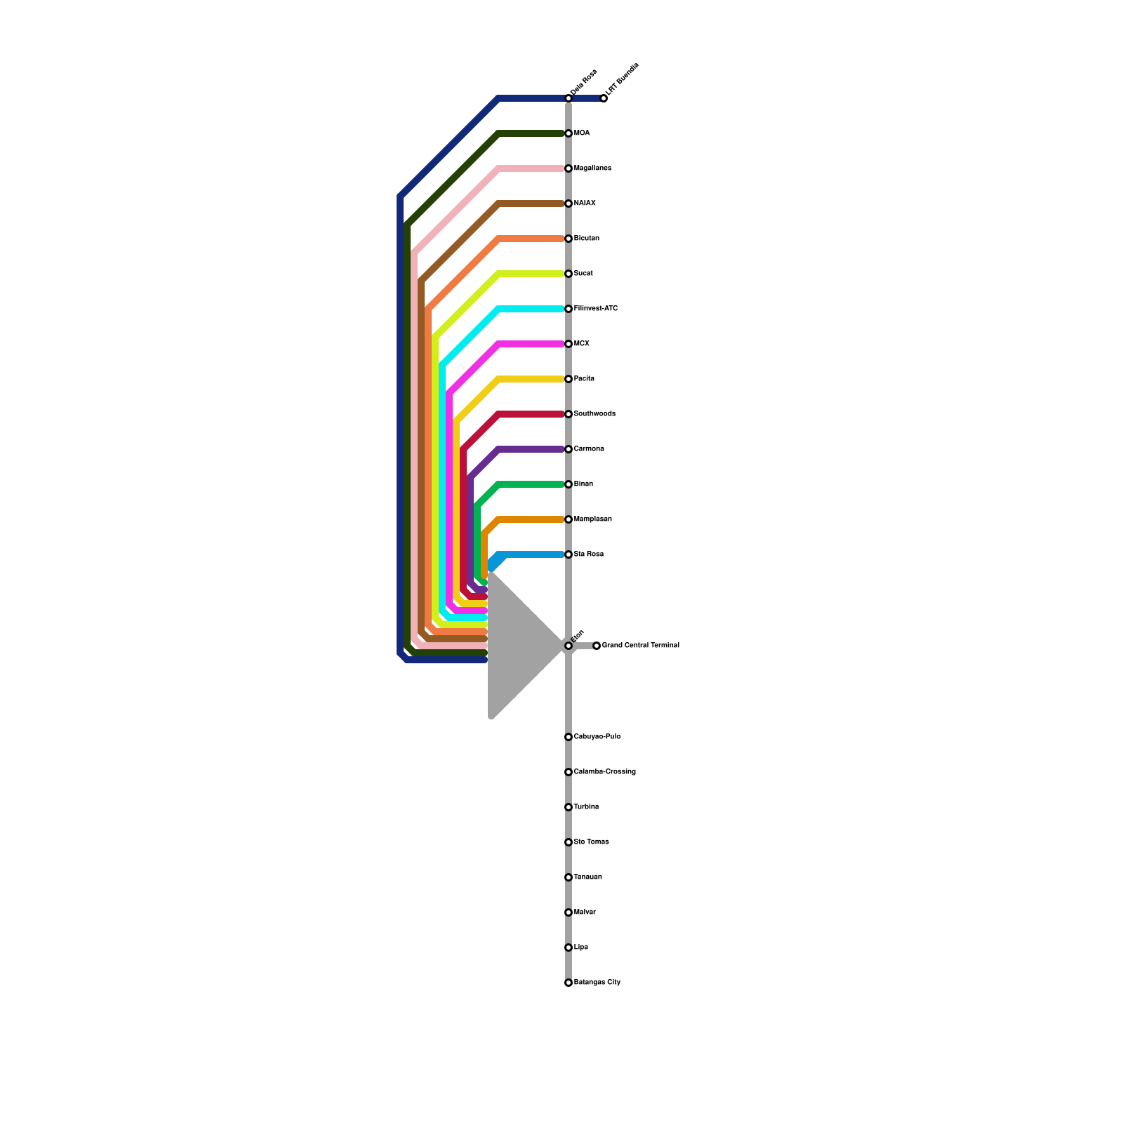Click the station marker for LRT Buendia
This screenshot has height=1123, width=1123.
tap(604, 98)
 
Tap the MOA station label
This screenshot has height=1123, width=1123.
tap(582, 133)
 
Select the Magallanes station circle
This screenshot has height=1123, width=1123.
tap(569, 168)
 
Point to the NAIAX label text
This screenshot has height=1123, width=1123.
tap(585, 204)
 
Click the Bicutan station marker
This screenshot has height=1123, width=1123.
tap(569, 239)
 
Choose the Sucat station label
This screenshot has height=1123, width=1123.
tap(583, 274)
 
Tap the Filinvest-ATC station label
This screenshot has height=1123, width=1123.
tap(595, 309)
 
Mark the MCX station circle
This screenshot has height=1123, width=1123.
tap(569, 344)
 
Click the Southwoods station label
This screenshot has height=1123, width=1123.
tap(594, 414)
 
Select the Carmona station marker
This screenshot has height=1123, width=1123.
tap(569, 449)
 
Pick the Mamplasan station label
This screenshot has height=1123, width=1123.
tap(592, 519)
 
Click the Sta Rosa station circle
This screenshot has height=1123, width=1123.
tap(569, 554)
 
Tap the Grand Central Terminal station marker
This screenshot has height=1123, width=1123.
tap(597, 646)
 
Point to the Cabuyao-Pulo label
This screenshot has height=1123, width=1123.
tap(597, 737)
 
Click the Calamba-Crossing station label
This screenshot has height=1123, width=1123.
tap(604, 772)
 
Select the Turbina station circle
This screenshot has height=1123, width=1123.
tap(569, 807)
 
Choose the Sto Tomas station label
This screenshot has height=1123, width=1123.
tap(591, 842)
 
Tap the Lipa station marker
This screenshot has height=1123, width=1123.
tap(569, 948)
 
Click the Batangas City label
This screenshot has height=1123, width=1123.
tap(597, 983)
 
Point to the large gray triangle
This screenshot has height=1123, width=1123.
tap(516, 646)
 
